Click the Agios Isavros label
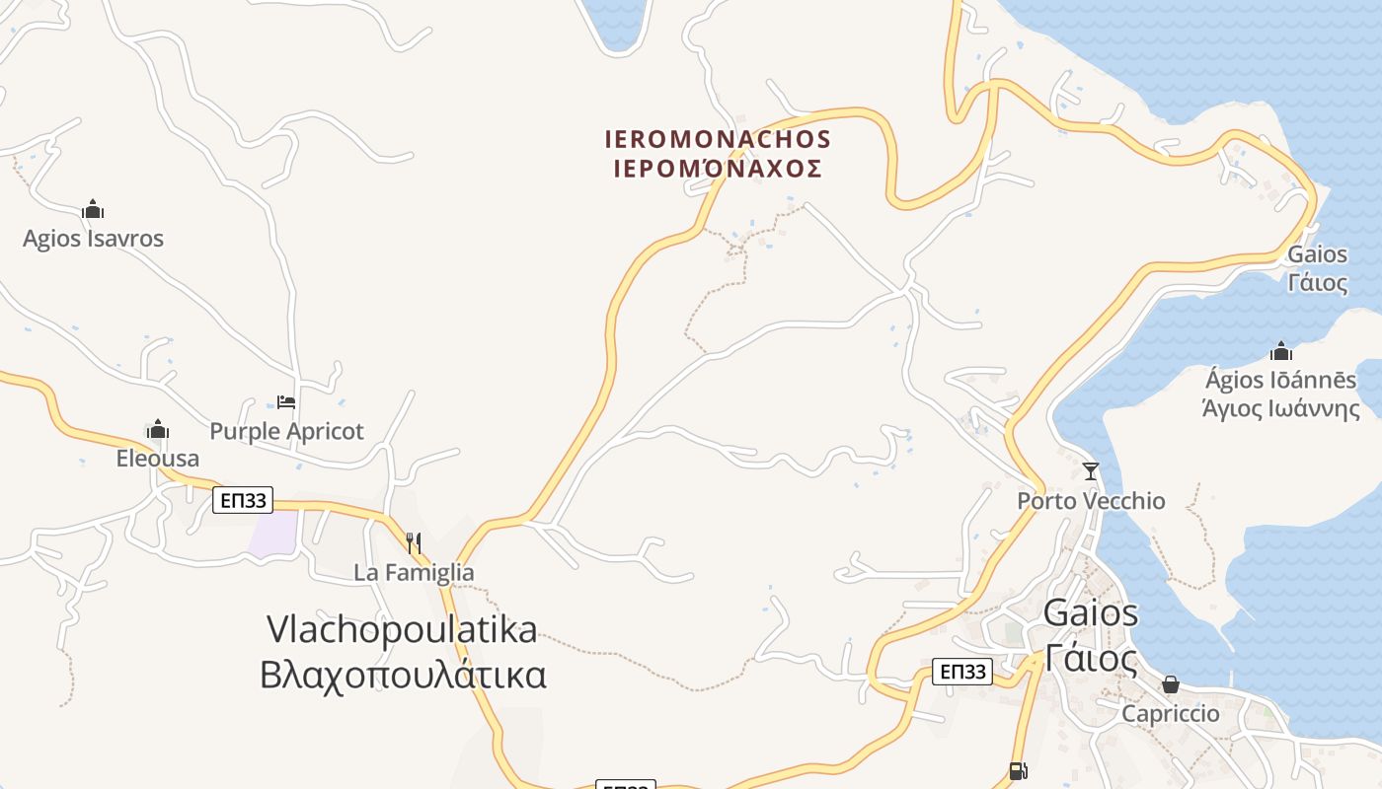click(93, 239)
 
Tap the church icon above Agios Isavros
click(93, 209)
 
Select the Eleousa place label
click(158, 459)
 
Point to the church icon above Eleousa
click(158, 430)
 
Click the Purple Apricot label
click(286, 431)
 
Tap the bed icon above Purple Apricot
click(286, 401)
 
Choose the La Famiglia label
click(414, 572)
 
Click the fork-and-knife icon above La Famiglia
click(414, 542)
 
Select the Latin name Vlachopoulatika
click(402, 629)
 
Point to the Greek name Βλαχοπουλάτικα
click(403, 676)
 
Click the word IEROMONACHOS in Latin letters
click(718, 139)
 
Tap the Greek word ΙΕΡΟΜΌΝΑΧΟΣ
click(718, 169)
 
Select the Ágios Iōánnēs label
click(1281, 380)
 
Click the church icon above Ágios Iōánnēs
click(1281, 351)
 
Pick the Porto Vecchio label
click(1091, 501)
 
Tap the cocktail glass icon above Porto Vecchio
click(1091, 471)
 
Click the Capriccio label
click(1171, 713)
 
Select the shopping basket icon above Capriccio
click(1171, 684)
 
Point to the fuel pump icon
click(1019, 771)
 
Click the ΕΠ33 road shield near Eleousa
click(243, 501)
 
